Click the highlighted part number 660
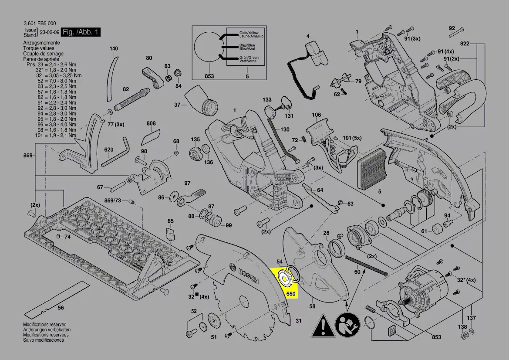[x=291, y=294]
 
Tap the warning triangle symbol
[x=323, y=325]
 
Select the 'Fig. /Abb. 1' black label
[x=81, y=32]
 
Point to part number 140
[x=114, y=48]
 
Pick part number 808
[x=151, y=124]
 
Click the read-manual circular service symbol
[x=347, y=325]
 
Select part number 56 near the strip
[x=61, y=308]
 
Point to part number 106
[x=316, y=115]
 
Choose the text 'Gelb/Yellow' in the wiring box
[x=249, y=33]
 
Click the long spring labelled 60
[x=366, y=265]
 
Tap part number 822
[x=465, y=44]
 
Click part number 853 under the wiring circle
[x=209, y=76]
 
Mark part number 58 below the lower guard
[x=312, y=307]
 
